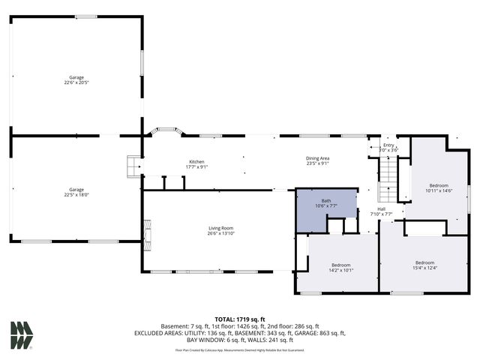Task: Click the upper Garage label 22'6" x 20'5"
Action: (76, 79)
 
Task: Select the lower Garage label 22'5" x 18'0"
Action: (76, 192)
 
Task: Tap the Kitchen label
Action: (196, 164)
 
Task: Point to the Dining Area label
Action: (317, 160)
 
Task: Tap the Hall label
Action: (381, 211)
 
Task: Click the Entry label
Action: (388, 148)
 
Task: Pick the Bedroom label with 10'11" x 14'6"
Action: (439, 187)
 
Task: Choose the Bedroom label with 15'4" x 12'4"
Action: (424, 265)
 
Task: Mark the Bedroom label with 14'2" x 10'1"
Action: (341, 267)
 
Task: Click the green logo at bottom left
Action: (22, 334)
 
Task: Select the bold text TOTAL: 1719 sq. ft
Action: (240, 319)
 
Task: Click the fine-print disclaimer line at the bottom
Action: (240, 349)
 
